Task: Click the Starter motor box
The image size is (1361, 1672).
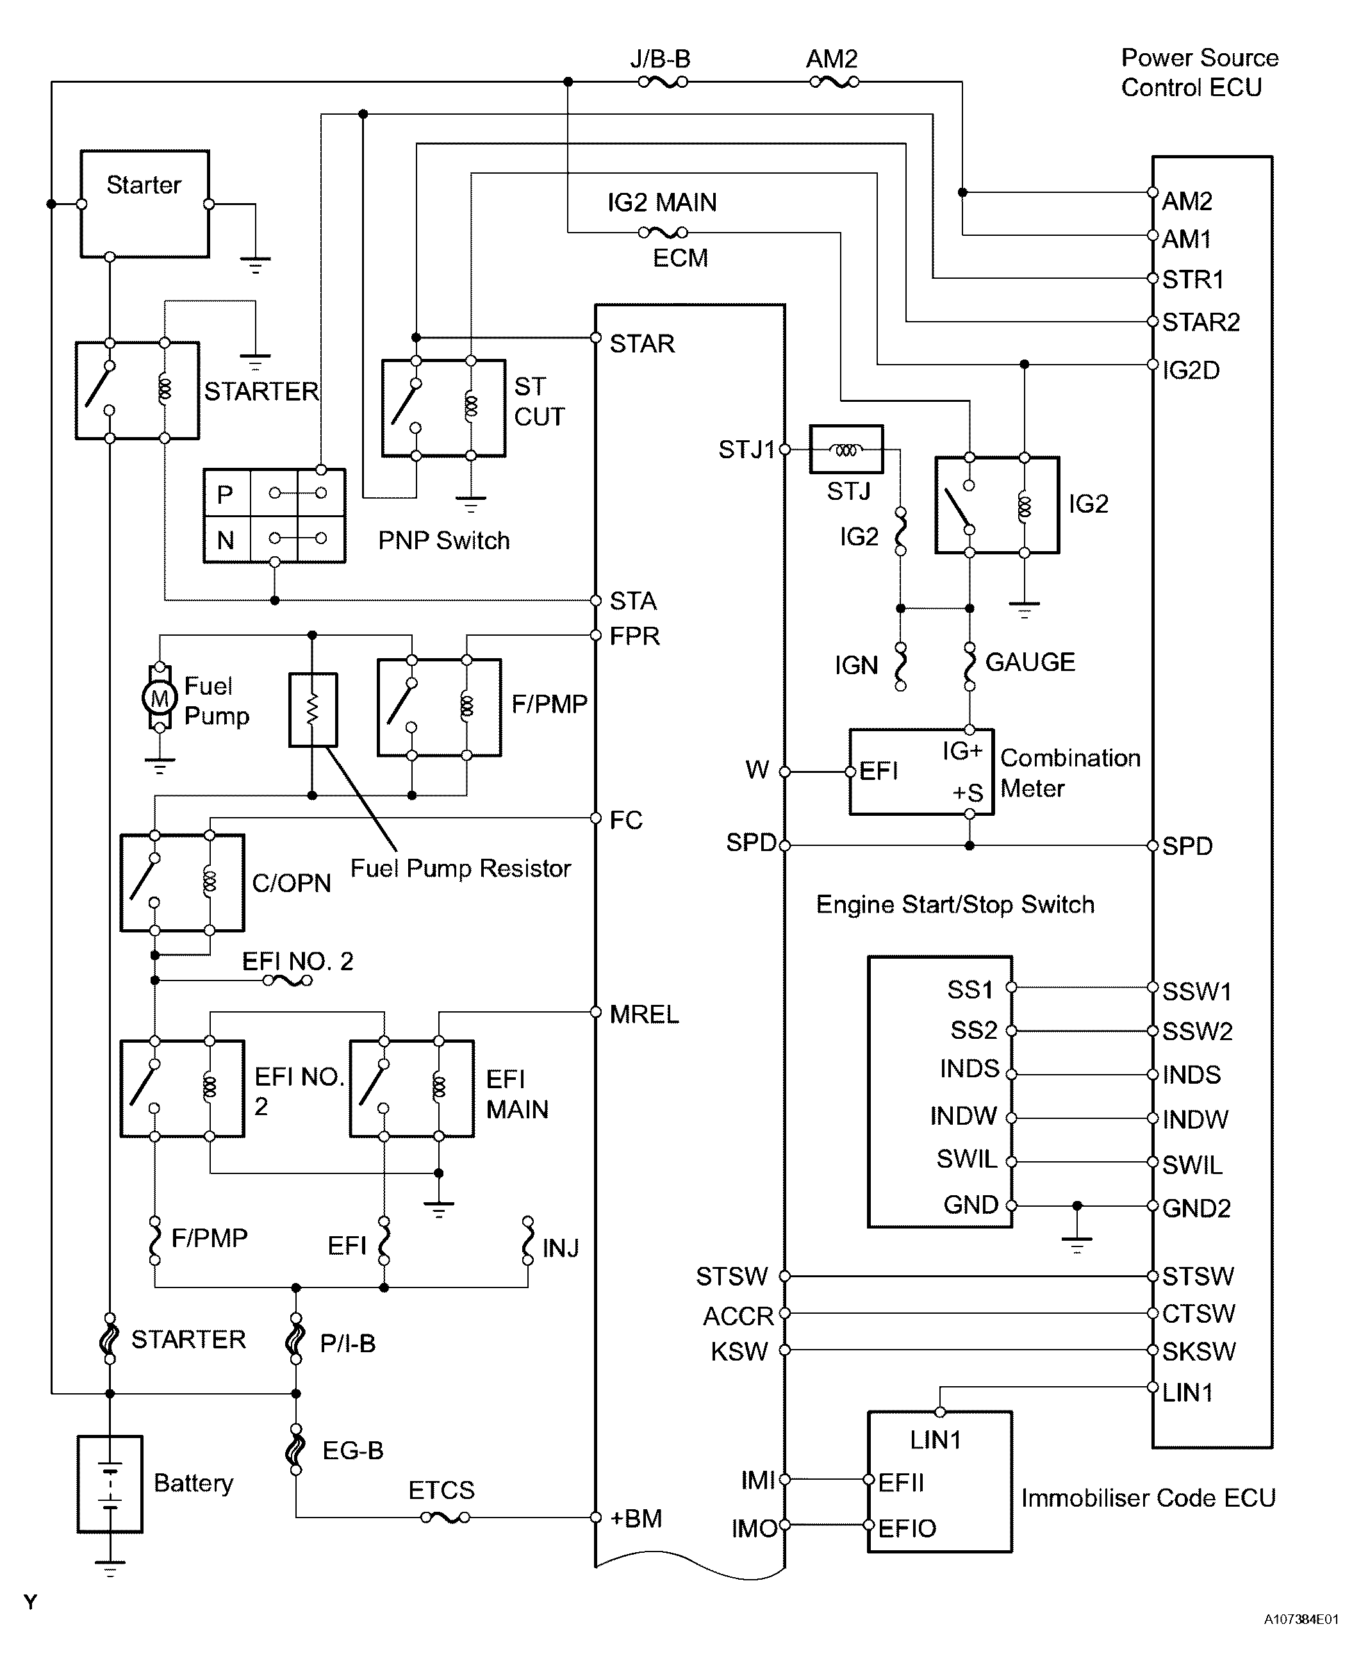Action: coord(144,204)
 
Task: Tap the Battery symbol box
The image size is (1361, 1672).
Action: coord(110,1484)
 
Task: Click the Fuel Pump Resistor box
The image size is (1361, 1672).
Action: coord(313,709)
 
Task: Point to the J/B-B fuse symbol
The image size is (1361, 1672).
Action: coord(663,81)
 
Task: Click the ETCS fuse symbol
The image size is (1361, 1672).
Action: coord(445,1518)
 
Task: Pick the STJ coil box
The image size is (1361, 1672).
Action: coord(846,449)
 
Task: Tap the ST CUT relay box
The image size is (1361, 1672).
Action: coord(443,408)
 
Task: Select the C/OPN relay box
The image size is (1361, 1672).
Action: coord(182,882)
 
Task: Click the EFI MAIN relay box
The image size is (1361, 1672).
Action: coord(411,1088)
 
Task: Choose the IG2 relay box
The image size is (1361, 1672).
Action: coord(996,505)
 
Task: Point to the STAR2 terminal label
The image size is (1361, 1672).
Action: coord(1200,322)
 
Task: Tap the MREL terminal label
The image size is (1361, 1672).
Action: coord(643,1014)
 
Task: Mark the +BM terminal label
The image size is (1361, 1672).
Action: coord(636,1518)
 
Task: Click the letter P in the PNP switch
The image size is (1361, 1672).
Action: coord(226,495)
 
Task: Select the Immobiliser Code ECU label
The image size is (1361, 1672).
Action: coord(1148,1498)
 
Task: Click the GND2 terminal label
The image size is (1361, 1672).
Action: coord(1196,1208)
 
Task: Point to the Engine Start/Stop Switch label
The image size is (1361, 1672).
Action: coord(955,905)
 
